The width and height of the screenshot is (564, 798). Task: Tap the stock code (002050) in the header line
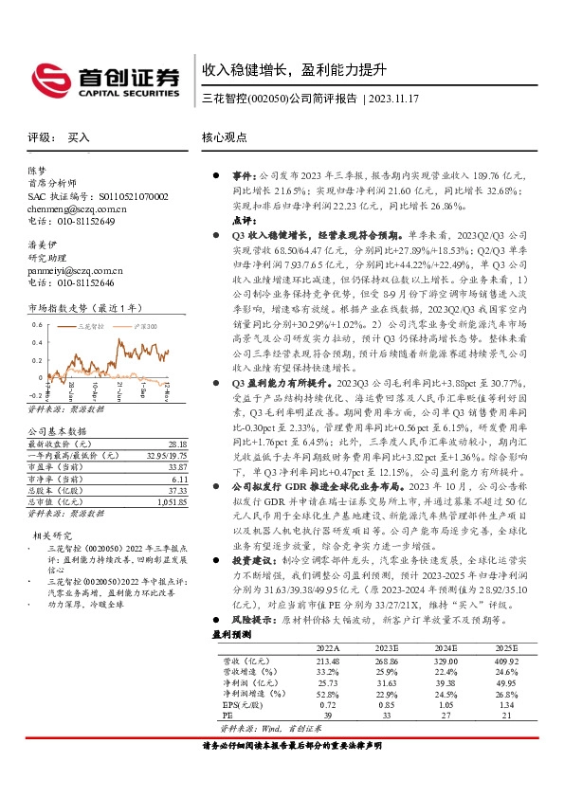click(264, 98)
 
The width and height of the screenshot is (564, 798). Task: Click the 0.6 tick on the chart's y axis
click(37, 323)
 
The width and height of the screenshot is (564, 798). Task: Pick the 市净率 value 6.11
click(179, 480)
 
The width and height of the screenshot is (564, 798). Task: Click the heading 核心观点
click(224, 136)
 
